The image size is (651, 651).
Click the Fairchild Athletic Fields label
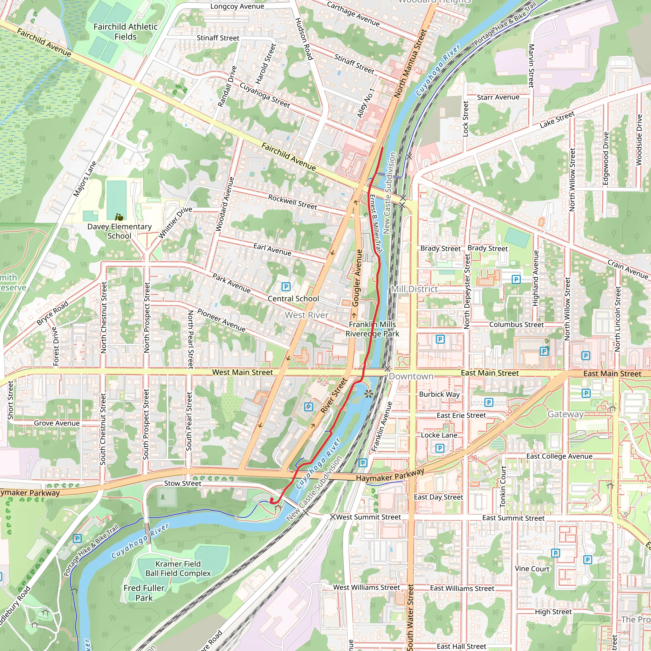pyautogui.click(x=125, y=32)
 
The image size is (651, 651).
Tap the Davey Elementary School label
pyautogui.click(x=119, y=231)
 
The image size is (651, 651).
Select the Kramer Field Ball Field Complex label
pyautogui.click(x=178, y=568)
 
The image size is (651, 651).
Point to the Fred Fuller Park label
pyautogui.click(x=144, y=593)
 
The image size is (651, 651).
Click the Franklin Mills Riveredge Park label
pyautogui.click(x=372, y=329)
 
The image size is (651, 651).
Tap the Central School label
pyautogui.click(x=293, y=298)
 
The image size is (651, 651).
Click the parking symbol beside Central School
pyautogui.click(x=286, y=287)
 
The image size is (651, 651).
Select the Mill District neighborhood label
pyautogui.click(x=414, y=289)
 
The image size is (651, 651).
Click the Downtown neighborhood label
pyautogui.click(x=411, y=376)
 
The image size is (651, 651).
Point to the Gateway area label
pyautogui.click(x=565, y=414)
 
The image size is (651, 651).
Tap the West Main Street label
pyautogui.click(x=242, y=372)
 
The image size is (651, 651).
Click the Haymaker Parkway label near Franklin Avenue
pyautogui.click(x=390, y=476)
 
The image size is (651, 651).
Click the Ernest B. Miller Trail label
pyautogui.click(x=375, y=224)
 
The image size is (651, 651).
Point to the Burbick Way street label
pyautogui.click(x=439, y=394)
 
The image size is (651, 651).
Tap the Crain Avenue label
pyautogui.click(x=627, y=269)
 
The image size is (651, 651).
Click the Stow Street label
pyautogui.click(x=183, y=483)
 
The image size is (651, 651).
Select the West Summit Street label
pyautogui.click(x=368, y=517)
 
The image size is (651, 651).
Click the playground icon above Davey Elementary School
pyautogui.click(x=119, y=217)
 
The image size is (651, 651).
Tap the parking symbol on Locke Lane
pyautogui.click(x=439, y=448)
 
